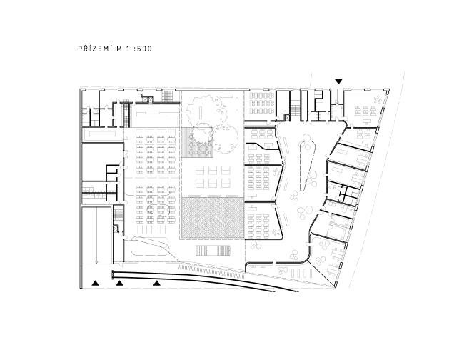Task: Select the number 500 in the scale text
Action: coord(145,49)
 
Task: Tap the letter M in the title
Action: coord(119,49)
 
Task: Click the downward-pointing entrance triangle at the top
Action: coord(338,81)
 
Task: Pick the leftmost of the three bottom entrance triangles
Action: coord(95,283)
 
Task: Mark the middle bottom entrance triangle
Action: coord(119,283)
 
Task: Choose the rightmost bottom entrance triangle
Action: coord(157,283)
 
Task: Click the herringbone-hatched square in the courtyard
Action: coord(212,218)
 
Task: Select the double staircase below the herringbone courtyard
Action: coord(213,251)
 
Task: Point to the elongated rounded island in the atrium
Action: coord(306,164)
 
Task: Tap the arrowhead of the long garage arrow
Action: coord(96,263)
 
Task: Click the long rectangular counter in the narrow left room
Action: coord(102,134)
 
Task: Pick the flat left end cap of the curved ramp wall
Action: coord(113,274)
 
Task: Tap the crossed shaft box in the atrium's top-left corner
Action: coord(288,118)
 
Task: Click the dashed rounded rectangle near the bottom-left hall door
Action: coord(149,246)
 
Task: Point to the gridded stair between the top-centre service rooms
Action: coord(296,110)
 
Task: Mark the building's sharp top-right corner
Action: coord(389,89)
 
